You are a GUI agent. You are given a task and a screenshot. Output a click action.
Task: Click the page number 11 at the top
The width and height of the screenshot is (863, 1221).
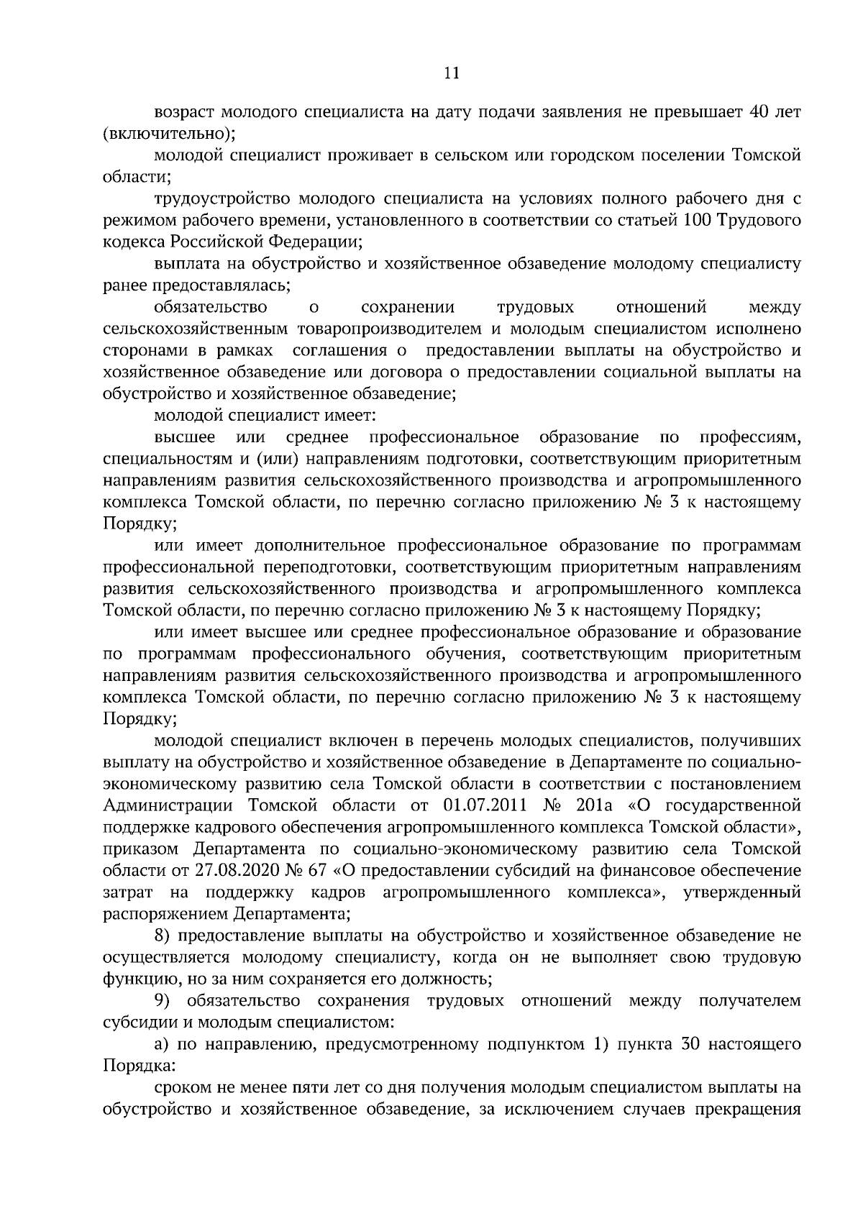point(452,73)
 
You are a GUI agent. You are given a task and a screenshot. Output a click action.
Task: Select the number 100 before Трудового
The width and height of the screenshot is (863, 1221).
point(691,220)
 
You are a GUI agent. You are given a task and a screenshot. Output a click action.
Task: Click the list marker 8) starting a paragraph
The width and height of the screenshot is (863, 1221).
point(163,936)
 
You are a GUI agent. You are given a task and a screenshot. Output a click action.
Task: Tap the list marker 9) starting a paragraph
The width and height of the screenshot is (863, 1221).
point(163,1001)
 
